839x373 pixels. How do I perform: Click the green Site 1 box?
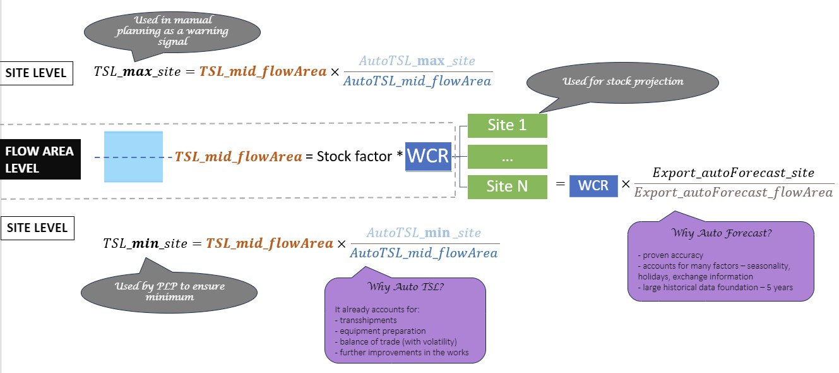coord(507,125)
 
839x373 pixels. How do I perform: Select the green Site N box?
coord(507,187)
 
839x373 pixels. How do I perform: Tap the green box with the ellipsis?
coord(507,156)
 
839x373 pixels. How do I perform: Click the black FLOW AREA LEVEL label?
coord(40,160)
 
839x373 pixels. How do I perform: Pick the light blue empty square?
coord(133,157)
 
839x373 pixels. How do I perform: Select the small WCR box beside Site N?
coord(593,186)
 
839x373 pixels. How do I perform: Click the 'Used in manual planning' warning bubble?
coord(172,31)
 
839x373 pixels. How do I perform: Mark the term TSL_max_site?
coord(141,72)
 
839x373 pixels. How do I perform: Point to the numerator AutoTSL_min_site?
coord(424,233)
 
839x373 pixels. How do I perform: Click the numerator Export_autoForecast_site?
coord(733,173)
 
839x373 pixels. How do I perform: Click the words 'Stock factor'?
coord(354,157)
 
